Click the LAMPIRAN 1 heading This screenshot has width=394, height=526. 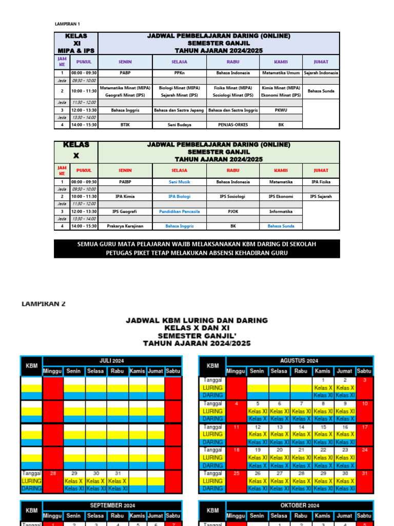pyautogui.click(x=67, y=24)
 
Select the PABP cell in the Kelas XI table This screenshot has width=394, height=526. pyautogui.click(x=125, y=73)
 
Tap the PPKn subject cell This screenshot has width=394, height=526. pyautogui.click(x=179, y=73)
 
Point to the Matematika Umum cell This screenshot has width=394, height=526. pyautogui.click(x=281, y=73)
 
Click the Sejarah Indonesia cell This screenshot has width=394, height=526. pyautogui.click(x=321, y=73)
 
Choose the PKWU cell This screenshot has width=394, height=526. pyautogui.click(x=281, y=110)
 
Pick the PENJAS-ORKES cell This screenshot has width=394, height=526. pyautogui.click(x=233, y=124)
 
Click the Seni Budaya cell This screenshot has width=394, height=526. pyautogui.click(x=179, y=124)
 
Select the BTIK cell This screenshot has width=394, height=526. pyautogui.click(x=125, y=124)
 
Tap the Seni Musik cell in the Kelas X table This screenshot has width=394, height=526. pyautogui.click(x=179, y=182)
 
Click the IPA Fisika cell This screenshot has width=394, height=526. pyautogui.click(x=321, y=182)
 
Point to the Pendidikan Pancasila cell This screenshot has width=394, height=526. pyautogui.click(x=179, y=211)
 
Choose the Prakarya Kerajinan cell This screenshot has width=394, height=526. pyautogui.click(x=125, y=226)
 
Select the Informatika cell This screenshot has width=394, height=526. pyautogui.click(x=281, y=211)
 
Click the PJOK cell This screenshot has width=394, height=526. pyautogui.click(x=233, y=211)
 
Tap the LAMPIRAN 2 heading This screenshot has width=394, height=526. pyautogui.click(x=44, y=304)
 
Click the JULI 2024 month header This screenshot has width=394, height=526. pyautogui.click(x=112, y=361)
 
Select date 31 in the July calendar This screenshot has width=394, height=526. pyautogui.click(x=117, y=473)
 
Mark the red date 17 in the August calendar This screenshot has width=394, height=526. pyautogui.click(x=364, y=427)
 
